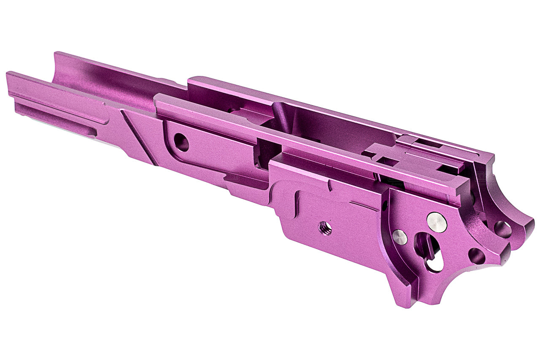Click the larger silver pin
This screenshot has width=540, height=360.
[437, 222]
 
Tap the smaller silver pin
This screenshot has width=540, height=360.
[400, 238]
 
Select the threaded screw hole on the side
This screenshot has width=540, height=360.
[324, 228]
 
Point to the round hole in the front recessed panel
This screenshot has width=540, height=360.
[181, 142]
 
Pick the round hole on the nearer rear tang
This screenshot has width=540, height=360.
[477, 256]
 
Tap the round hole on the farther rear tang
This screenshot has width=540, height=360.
[502, 229]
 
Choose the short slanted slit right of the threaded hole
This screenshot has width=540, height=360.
[364, 206]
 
